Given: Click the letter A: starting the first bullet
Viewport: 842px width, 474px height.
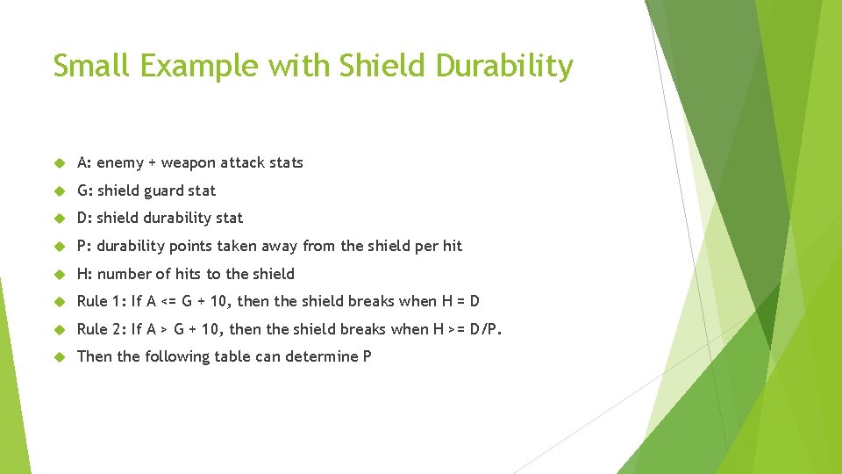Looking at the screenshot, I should pos(85,162).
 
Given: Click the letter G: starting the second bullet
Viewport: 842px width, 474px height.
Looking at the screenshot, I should pos(85,190).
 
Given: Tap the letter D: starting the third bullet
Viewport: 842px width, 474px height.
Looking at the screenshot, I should pos(85,218).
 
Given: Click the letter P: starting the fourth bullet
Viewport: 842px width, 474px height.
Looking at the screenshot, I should pos(84,246).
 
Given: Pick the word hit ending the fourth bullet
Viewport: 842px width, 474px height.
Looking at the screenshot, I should pos(452,246).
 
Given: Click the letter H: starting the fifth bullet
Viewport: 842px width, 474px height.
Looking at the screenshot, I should pos(85,274).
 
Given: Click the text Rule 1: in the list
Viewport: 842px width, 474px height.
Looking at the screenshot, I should pos(102,301).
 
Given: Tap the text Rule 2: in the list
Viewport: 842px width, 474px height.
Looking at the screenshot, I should pos(102,329).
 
